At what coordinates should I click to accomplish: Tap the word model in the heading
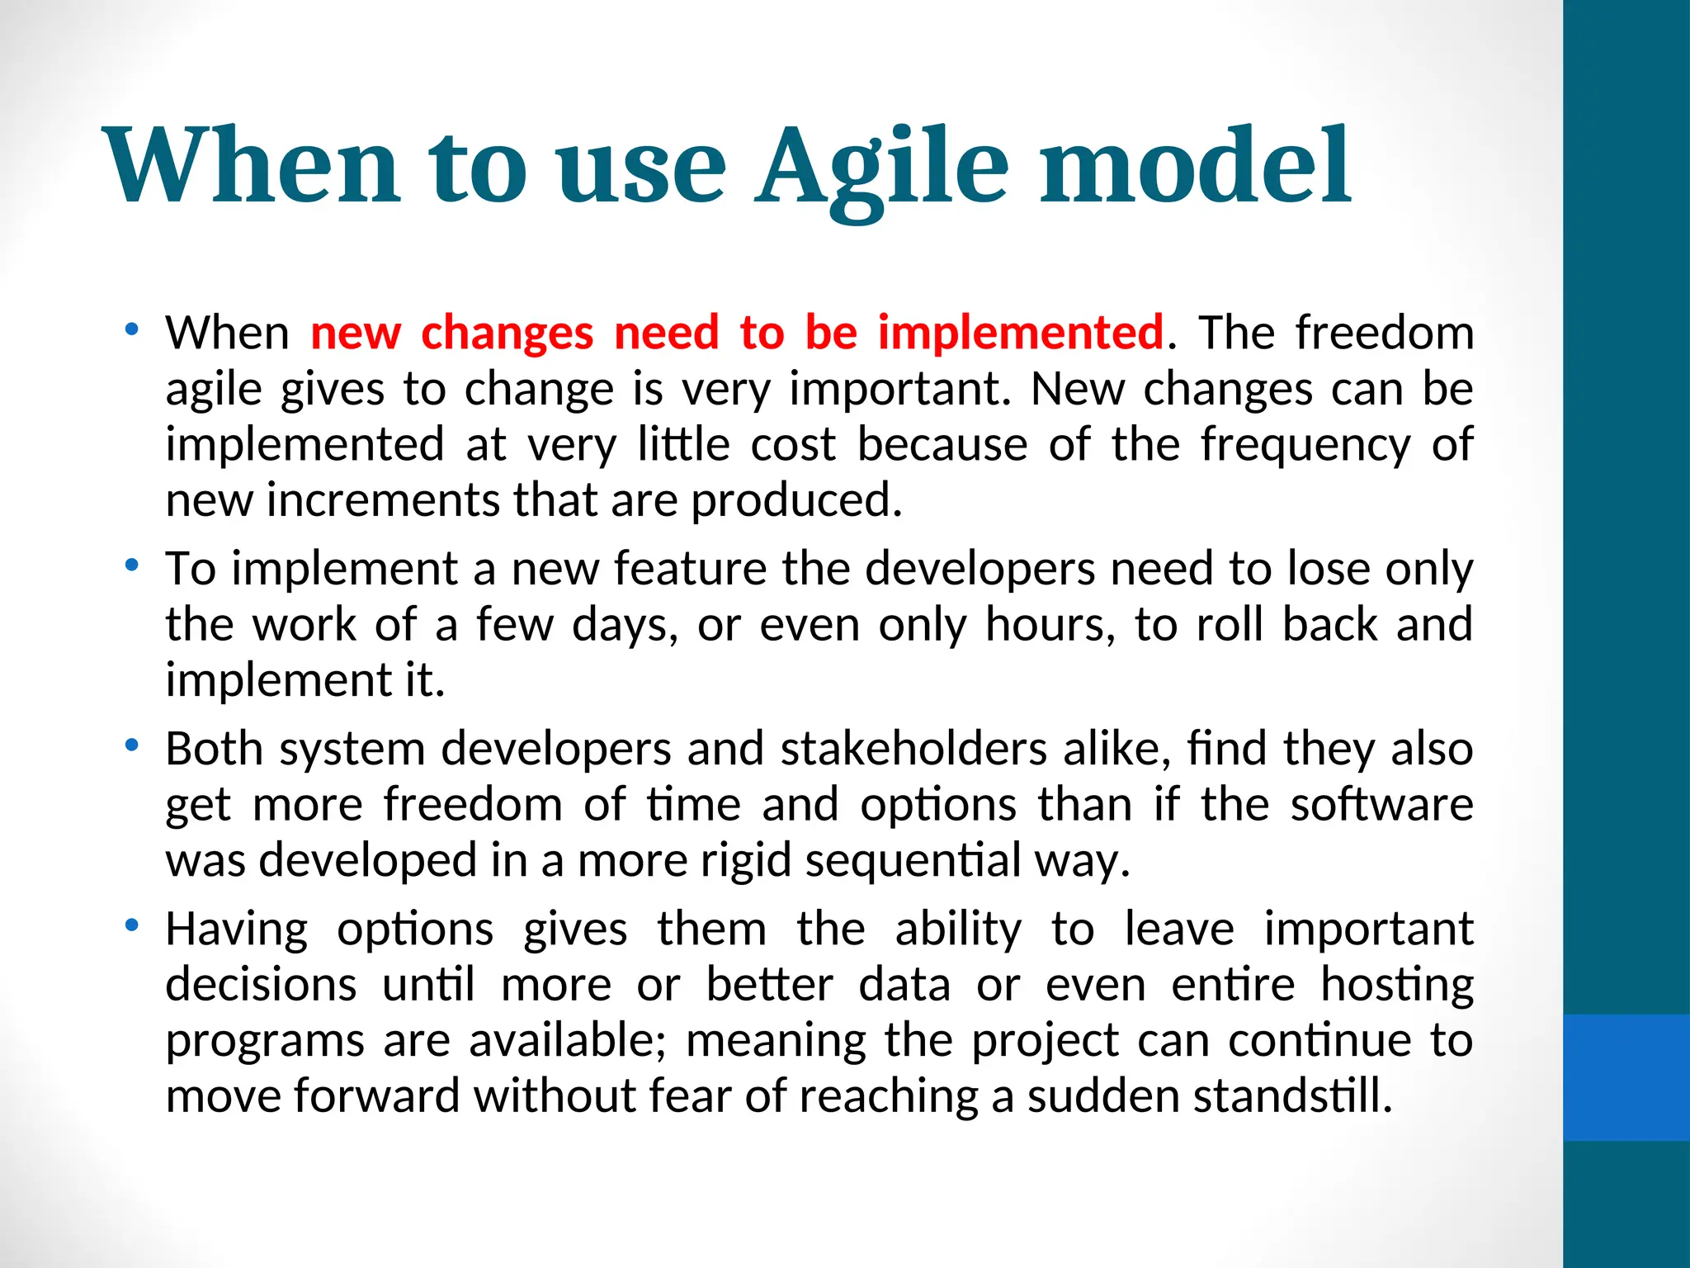pyautogui.click(x=1195, y=165)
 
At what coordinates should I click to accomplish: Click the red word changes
pyautogui.click(x=507, y=334)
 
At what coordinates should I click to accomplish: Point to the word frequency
pyautogui.click(x=1305, y=447)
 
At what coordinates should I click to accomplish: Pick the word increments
pyautogui.click(x=383, y=500)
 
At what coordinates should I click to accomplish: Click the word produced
pyautogui.click(x=795, y=501)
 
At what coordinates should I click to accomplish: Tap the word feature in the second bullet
pyautogui.click(x=690, y=569)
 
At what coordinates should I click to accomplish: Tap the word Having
pyautogui.click(x=237, y=930)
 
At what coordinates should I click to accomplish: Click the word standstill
pyautogui.click(x=1292, y=1096)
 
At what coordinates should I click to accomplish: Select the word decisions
pyautogui.click(x=261, y=985)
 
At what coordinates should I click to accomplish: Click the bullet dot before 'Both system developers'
pyautogui.click(x=130, y=746)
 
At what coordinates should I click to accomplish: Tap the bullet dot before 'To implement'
pyautogui.click(x=130, y=566)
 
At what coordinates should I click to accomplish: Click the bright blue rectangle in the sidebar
pyautogui.click(x=1626, y=1077)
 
